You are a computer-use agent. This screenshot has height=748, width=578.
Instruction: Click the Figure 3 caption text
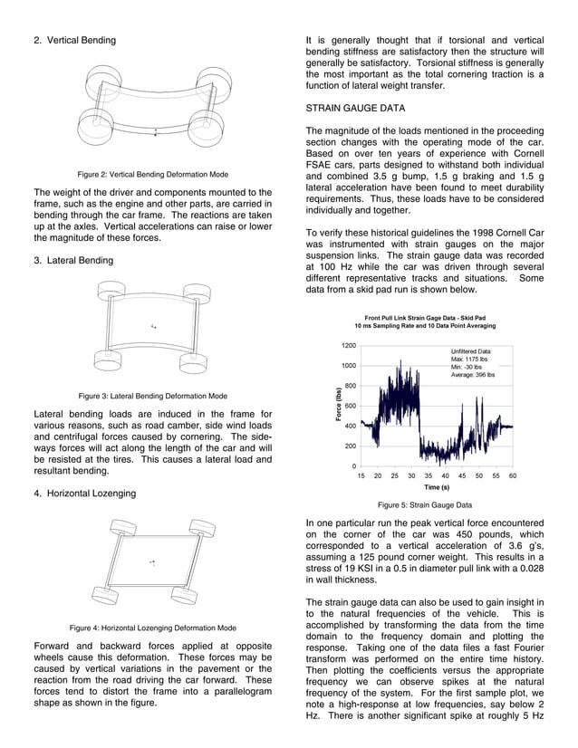coord(152,396)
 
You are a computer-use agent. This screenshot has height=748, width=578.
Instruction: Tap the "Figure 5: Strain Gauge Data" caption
coord(425,505)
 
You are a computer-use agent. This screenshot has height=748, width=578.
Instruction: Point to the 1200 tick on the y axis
coord(348,346)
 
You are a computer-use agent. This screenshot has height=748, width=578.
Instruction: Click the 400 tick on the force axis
coord(350,427)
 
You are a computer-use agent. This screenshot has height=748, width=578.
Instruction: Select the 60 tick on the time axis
coord(513,475)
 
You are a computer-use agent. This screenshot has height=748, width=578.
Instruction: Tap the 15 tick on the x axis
coord(361,475)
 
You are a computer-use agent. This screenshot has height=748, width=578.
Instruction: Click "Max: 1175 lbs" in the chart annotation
coord(470,359)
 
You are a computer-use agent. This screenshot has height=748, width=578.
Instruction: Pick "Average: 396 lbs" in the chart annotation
coord(473,375)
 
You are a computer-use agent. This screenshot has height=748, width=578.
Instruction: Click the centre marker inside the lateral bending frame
coord(154,325)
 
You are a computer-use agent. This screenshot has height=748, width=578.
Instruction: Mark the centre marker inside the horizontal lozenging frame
coord(152,563)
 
